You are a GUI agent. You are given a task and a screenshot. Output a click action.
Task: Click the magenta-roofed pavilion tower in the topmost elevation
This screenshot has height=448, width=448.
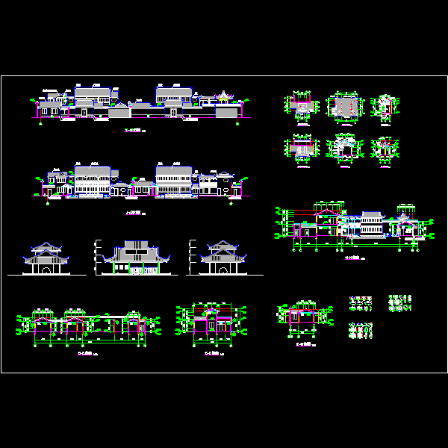point(223,96)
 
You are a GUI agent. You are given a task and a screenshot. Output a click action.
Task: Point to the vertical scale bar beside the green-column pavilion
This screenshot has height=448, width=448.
point(95,257)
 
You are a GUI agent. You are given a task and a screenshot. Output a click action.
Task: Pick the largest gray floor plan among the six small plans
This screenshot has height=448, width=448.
point(344,108)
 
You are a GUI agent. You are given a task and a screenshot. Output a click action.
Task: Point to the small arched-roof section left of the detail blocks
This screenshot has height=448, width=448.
point(301,316)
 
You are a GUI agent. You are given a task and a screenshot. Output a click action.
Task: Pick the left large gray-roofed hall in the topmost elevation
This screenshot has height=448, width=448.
point(93,95)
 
